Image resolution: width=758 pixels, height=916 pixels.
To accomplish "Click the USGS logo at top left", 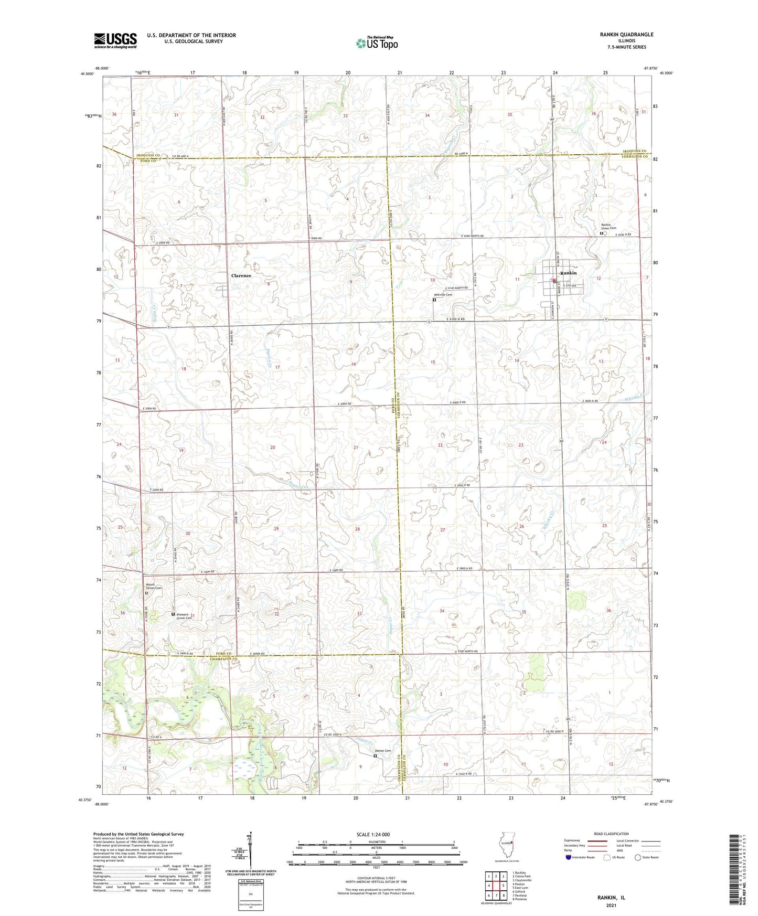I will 115,40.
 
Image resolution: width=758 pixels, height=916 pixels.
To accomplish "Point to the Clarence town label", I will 241,275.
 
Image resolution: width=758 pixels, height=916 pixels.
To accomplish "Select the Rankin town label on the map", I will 568,273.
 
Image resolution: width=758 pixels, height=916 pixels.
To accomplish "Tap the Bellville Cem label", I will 443,295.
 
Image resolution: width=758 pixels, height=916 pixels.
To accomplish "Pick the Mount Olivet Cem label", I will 154,588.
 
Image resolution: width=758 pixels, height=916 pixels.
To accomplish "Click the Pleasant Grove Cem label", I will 183,616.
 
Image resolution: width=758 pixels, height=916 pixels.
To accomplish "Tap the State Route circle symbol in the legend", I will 638,857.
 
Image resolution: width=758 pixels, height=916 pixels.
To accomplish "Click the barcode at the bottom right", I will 735,876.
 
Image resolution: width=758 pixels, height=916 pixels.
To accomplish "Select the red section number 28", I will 357,529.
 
